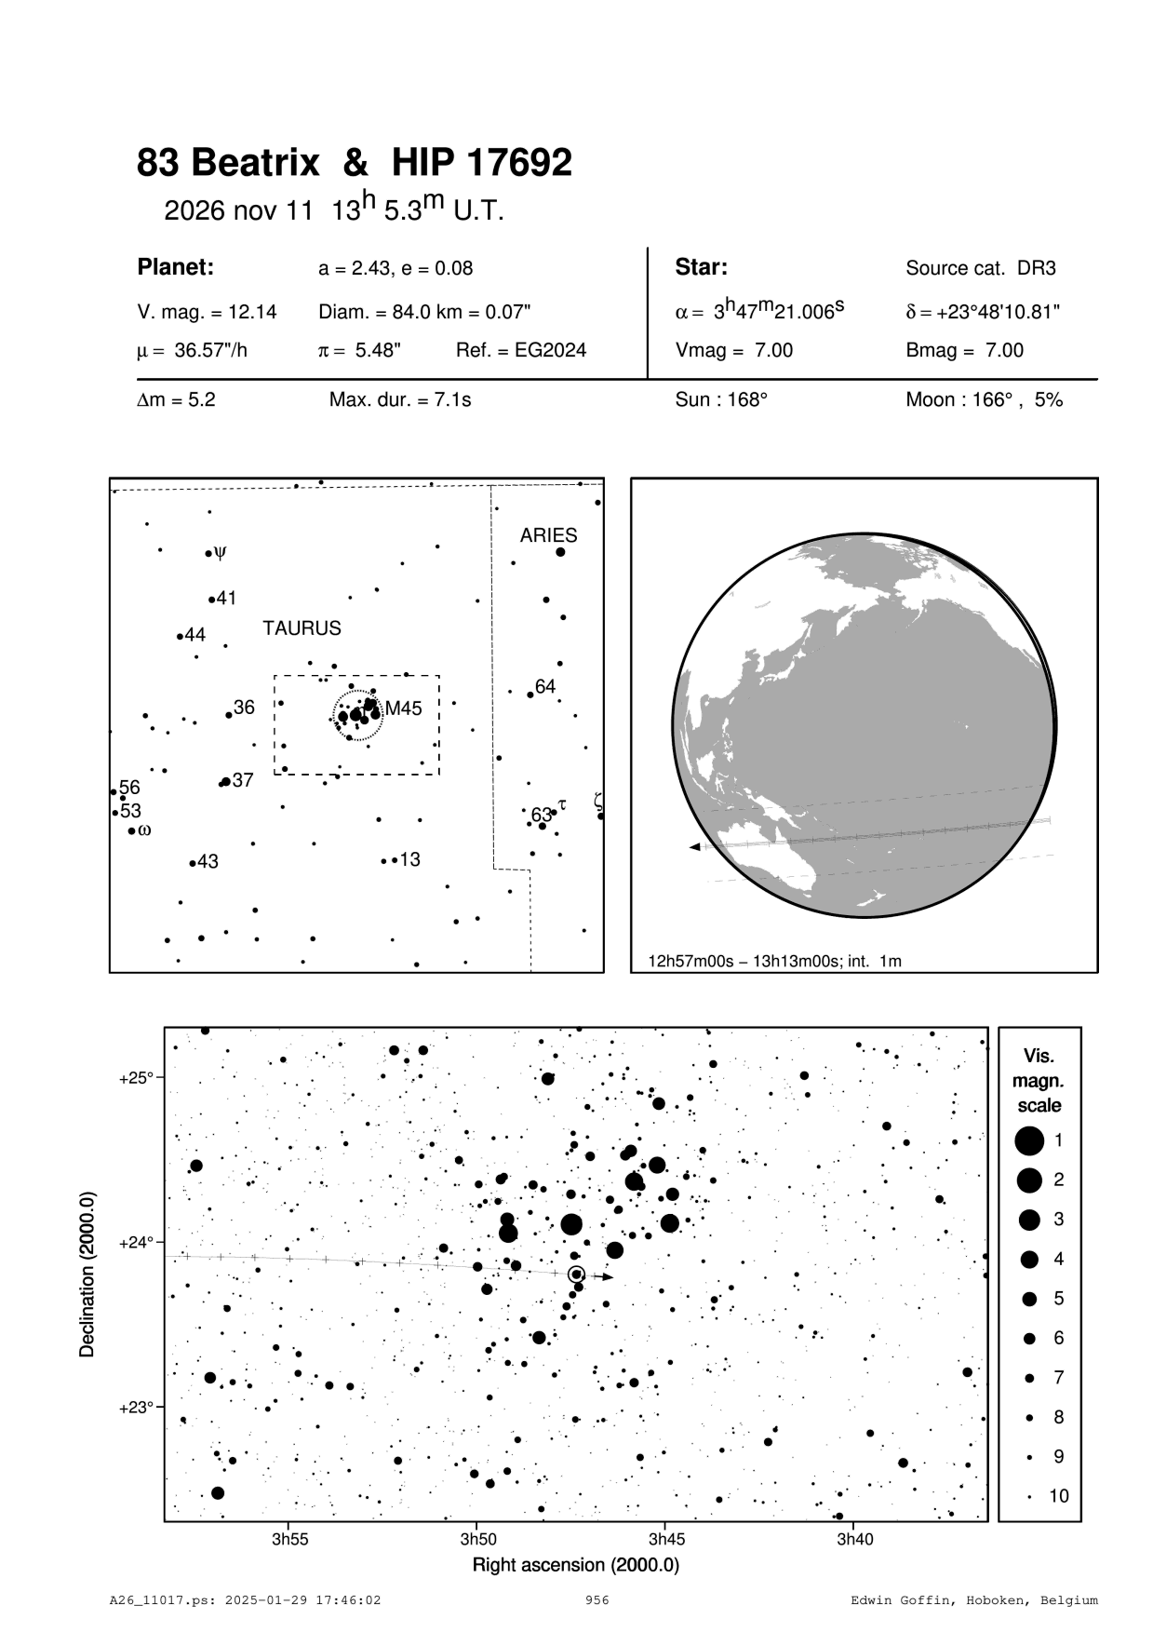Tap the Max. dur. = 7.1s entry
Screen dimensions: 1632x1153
pyautogui.click(x=400, y=400)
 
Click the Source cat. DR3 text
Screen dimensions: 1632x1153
pyautogui.click(x=981, y=269)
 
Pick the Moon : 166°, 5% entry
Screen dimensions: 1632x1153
pyautogui.click(x=984, y=400)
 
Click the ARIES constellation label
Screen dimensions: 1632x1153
pyautogui.click(x=548, y=535)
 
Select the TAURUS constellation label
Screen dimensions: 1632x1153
pyautogui.click(x=302, y=628)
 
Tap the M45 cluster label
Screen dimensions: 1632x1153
pyautogui.click(x=403, y=708)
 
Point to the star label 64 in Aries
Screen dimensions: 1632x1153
pyautogui.click(x=545, y=687)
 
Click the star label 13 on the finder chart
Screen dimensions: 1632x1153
pyautogui.click(x=409, y=859)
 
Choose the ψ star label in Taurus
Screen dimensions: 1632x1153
pyautogui.click(x=220, y=552)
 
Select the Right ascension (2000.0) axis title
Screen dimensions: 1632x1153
pyautogui.click(x=575, y=1565)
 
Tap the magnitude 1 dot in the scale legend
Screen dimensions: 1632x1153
pyautogui.click(x=1028, y=1140)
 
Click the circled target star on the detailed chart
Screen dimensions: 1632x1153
pyautogui.click(x=576, y=1275)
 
